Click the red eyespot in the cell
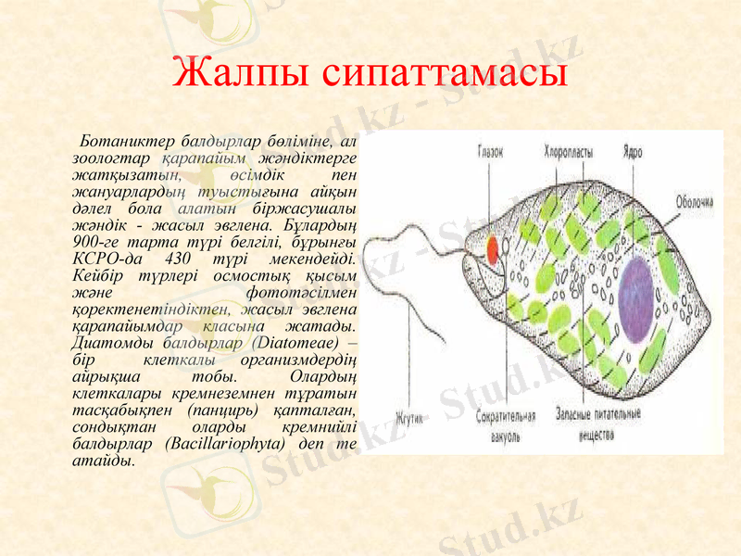pos(493,246)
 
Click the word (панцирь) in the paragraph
pos(221,410)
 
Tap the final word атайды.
pos(103,460)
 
